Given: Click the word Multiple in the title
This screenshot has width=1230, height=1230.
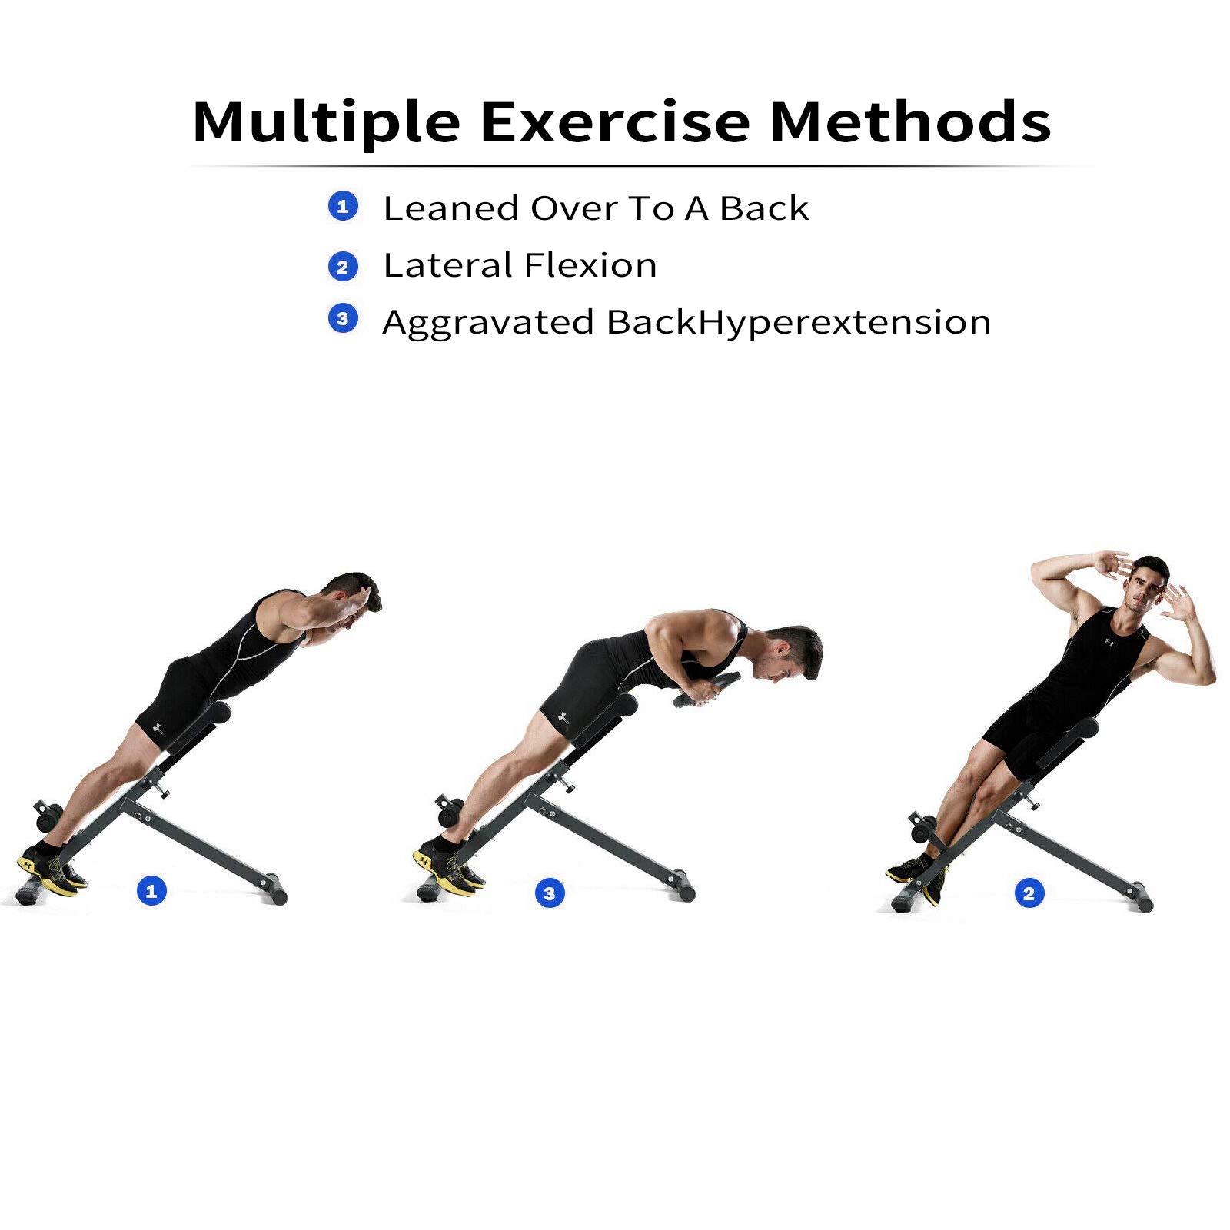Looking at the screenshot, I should [x=326, y=123].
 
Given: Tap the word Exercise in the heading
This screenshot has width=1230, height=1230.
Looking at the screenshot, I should [x=614, y=123].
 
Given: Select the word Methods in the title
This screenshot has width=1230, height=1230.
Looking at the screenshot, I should [x=910, y=123].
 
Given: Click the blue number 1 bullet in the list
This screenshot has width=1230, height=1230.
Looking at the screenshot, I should [x=343, y=206].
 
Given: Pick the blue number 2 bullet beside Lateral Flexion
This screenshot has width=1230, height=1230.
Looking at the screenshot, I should [x=343, y=267].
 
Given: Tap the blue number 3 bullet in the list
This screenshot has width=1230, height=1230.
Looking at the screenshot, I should [x=343, y=318].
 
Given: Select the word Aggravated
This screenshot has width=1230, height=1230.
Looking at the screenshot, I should [x=487, y=323].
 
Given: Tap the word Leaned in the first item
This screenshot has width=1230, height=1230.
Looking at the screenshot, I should [x=450, y=208].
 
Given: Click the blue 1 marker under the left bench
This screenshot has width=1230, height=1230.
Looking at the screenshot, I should [x=151, y=891].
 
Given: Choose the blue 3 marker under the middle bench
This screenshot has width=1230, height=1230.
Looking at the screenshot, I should [x=549, y=893].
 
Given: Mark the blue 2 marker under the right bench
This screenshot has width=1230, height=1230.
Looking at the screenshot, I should [x=1029, y=893].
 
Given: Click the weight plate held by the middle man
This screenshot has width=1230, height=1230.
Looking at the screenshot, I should [x=707, y=689].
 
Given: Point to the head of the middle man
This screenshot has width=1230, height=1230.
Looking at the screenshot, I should [x=792, y=653].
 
